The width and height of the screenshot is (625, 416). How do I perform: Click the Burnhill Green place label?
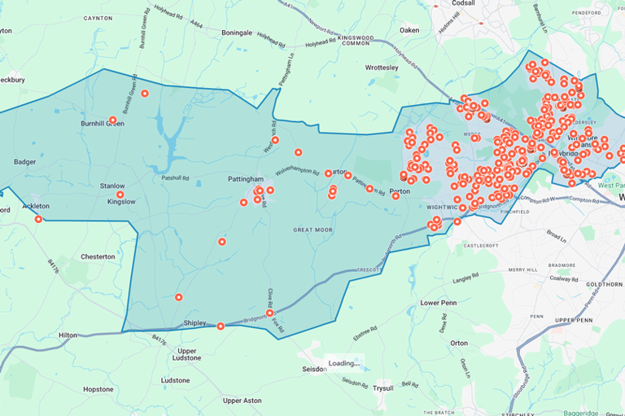[103, 124]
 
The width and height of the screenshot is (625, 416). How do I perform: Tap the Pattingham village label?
[245, 178]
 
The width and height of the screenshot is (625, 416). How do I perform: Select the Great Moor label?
[313, 230]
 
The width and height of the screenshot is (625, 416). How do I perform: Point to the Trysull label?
[382, 388]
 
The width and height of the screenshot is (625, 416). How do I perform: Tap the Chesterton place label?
[98, 256]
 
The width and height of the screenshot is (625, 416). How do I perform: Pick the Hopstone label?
[98, 389]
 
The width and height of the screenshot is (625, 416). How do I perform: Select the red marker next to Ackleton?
[38, 218]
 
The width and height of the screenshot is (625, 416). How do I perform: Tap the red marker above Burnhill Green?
[145, 94]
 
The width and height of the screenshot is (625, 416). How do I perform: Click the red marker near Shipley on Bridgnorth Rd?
[221, 326]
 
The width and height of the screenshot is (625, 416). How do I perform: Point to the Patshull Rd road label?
[175, 177]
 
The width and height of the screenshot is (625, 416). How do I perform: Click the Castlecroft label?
[479, 244]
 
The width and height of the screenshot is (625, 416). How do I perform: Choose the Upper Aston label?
[243, 401]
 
